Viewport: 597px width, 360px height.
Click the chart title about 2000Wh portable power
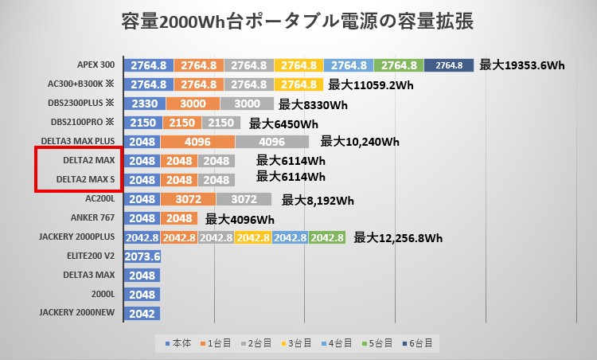(298, 22)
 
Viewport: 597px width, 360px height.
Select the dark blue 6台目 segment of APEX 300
(449, 65)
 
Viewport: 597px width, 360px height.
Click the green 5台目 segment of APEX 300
(399, 65)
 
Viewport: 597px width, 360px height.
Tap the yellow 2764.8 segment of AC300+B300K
(299, 84)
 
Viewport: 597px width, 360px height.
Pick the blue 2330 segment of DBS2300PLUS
(144, 104)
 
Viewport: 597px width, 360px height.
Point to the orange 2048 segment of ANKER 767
(179, 218)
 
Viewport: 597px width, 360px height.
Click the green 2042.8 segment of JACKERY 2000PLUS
(327, 237)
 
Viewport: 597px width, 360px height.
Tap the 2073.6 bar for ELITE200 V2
(143, 256)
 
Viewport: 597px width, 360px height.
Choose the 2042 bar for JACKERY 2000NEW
(142, 314)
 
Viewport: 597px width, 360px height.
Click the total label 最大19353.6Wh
(522, 65)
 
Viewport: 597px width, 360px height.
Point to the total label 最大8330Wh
(314, 104)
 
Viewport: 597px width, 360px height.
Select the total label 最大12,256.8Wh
(398, 237)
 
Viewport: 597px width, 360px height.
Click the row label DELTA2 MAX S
(88, 180)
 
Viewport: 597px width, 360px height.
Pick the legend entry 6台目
(419, 343)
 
